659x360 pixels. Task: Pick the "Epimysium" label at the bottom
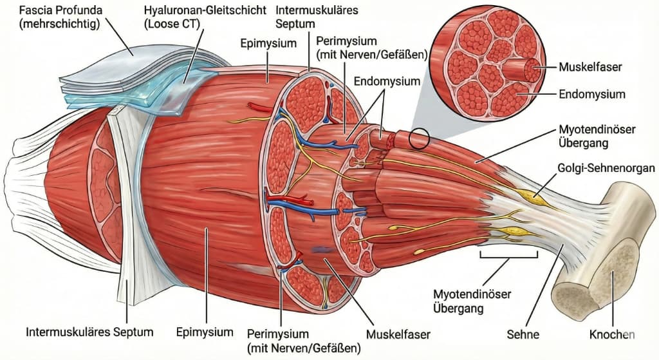tap(204, 332)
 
